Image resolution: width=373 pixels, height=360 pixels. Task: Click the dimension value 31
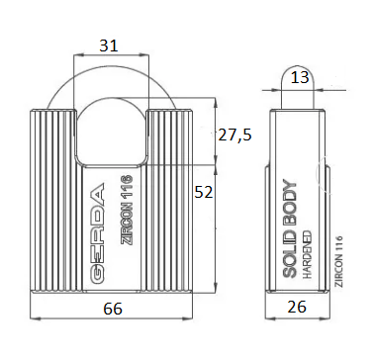pyautogui.click(x=109, y=45)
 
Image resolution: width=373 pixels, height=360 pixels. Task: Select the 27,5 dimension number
pyautogui.click(x=234, y=135)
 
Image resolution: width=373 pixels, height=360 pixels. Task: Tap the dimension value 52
pyautogui.click(x=204, y=192)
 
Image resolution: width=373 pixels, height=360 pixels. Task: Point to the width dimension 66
pyautogui.click(x=113, y=309)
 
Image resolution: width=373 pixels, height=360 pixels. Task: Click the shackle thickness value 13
pyautogui.click(x=300, y=78)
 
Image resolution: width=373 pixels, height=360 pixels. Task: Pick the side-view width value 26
pyautogui.click(x=297, y=307)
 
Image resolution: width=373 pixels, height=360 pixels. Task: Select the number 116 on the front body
pyautogui.click(x=127, y=187)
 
